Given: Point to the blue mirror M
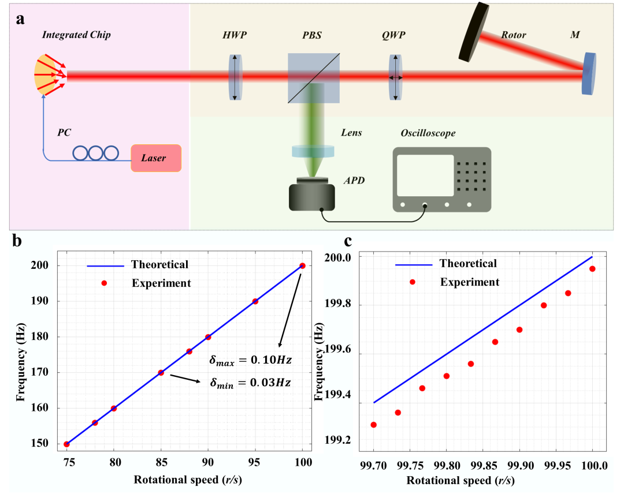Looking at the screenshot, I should point(589,73).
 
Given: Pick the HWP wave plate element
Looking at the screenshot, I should point(234,77).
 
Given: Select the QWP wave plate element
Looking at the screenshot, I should point(396,77).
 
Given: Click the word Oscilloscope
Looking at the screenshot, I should point(428,133).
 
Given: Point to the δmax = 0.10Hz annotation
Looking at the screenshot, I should point(250,360).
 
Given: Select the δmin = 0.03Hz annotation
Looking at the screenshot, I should point(250,382).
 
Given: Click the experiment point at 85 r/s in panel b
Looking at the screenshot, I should point(161,373).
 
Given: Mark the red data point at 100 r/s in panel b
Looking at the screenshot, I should point(302,265).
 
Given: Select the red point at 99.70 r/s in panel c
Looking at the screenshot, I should point(374,425).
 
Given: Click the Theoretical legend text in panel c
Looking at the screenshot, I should point(468,264).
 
